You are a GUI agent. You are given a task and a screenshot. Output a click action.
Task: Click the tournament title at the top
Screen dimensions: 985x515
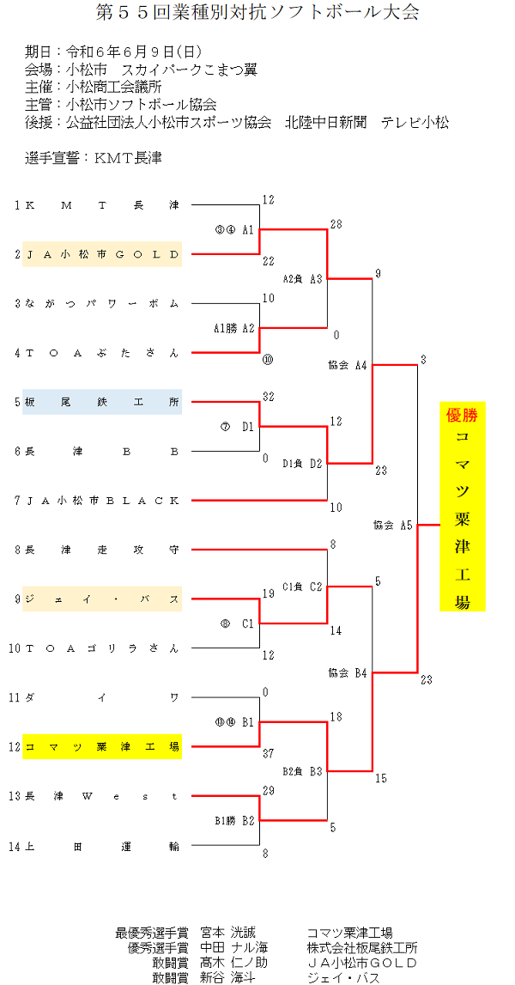click(257, 13)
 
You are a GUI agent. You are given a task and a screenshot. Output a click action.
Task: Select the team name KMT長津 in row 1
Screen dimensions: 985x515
click(102, 205)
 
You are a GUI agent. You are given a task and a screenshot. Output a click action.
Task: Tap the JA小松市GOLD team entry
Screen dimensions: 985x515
click(102, 254)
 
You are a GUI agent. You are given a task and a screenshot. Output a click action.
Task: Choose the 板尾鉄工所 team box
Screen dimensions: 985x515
click(102, 402)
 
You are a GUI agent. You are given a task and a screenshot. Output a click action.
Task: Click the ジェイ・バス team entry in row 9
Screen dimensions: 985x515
click(102, 599)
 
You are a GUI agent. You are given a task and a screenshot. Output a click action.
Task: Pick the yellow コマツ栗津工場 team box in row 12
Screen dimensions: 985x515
click(102, 746)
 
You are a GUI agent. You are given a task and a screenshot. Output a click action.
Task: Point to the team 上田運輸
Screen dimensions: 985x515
click(102, 846)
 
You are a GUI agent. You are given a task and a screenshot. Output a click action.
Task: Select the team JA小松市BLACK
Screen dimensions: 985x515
click(102, 501)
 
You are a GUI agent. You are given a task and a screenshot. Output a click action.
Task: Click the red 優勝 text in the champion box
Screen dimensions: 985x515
click(462, 416)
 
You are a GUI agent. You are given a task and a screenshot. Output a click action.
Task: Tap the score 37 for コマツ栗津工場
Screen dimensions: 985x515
click(268, 754)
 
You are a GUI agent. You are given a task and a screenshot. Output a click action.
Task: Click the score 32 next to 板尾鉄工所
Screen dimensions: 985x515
click(268, 397)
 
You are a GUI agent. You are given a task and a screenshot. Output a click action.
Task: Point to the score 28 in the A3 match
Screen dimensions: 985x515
click(336, 224)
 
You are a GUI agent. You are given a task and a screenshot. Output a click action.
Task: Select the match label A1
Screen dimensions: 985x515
click(247, 230)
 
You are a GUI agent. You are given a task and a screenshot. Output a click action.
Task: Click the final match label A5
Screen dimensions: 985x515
click(405, 525)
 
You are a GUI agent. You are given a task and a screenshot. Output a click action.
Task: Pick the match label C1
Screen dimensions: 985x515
click(247, 623)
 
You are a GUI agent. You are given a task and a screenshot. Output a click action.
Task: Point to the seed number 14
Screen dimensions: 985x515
click(13, 846)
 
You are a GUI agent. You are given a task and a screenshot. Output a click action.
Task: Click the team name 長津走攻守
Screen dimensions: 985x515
click(102, 550)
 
